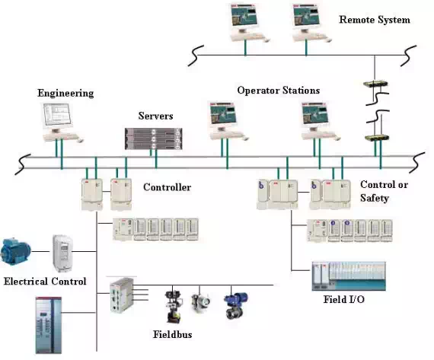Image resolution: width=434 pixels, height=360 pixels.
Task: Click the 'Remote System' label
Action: [x=375, y=20]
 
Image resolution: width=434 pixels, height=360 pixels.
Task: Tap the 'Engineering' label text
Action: [x=65, y=94]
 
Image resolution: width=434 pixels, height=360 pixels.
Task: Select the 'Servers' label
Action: [x=155, y=116]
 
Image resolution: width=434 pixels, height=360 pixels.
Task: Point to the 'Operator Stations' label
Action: [x=279, y=91]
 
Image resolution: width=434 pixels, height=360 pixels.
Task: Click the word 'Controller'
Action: [x=168, y=187]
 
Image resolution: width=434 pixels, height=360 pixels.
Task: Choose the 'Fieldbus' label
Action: [x=172, y=334]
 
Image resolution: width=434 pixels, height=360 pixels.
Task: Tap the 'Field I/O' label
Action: [x=343, y=299]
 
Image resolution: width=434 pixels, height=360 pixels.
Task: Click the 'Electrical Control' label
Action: [x=45, y=282]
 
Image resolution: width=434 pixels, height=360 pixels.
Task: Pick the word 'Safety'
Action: [x=375, y=198]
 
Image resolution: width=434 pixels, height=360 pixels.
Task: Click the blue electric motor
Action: [x=15, y=250]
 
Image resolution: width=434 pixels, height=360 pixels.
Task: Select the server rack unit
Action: [x=153, y=139]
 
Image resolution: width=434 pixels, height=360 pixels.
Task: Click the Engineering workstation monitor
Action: [x=58, y=116]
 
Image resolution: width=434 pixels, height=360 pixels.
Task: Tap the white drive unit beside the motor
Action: [x=63, y=253]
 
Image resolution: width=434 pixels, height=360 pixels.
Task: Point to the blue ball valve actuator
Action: [x=235, y=305]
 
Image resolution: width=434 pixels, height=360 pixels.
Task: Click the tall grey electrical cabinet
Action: [x=49, y=325]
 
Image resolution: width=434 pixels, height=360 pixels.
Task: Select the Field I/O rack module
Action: [x=349, y=276]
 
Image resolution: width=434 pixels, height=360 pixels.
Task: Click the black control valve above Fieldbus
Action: [x=174, y=307]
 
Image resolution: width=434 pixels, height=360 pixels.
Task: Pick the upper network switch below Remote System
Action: [x=375, y=84]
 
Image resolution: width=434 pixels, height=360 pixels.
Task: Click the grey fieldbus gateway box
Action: [x=121, y=295]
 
